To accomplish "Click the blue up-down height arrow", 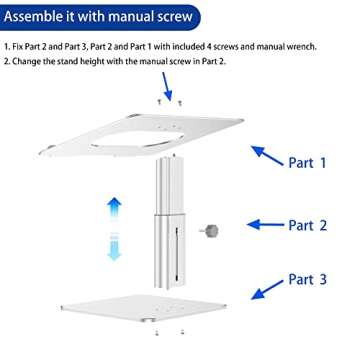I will (115, 227).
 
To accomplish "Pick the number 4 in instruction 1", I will (226, 47).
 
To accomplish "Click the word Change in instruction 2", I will (28, 61).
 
